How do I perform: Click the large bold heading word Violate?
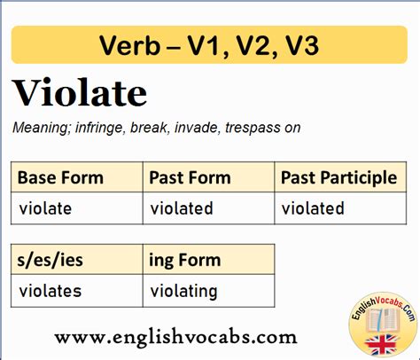(80, 93)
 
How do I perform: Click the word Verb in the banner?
(130, 45)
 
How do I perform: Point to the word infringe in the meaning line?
(98, 128)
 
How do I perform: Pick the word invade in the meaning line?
(197, 128)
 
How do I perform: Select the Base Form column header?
(77, 177)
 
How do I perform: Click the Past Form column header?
(208, 177)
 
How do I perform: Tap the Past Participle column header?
(340, 177)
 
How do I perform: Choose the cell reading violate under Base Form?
(77, 208)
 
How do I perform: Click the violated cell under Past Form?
(208, 208)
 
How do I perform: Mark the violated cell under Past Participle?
(340, 208)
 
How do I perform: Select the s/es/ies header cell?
(77, 259)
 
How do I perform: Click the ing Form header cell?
(208, 259)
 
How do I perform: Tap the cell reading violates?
(77, 291)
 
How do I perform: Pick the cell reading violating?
(208, 291)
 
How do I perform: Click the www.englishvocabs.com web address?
(176, 337)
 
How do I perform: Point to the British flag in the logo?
(381, 345)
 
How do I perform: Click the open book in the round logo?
(383, 320)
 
